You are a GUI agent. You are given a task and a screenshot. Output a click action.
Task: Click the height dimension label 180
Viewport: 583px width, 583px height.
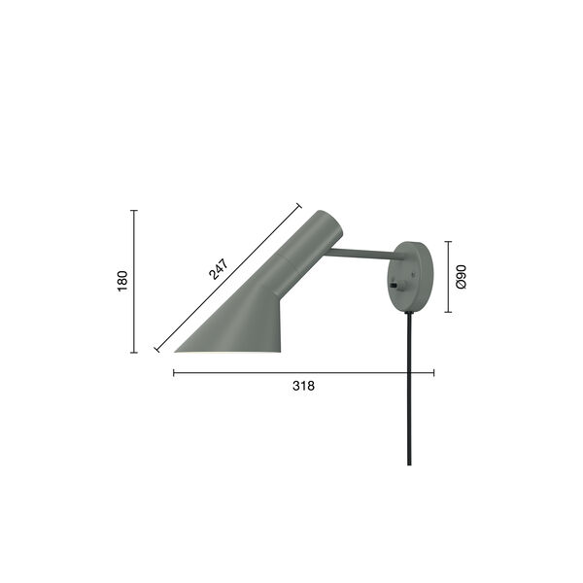tap(122, 282)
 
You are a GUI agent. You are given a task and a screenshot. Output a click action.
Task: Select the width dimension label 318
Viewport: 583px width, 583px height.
tap(303, 386)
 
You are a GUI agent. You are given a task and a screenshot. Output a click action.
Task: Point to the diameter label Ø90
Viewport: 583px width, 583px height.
tap(463, 278)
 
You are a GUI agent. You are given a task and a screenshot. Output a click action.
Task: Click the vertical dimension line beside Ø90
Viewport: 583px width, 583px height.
tap(448, 277)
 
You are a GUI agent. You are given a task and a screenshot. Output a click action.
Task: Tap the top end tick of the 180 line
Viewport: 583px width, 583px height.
tap(134, 211)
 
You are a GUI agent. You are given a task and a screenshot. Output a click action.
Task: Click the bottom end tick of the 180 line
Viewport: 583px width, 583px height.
tap(134, 353)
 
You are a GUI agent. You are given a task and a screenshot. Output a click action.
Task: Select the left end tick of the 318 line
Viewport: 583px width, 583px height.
tap(174, 371)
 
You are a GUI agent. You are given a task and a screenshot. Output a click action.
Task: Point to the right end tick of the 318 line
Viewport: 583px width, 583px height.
tap(433, 371)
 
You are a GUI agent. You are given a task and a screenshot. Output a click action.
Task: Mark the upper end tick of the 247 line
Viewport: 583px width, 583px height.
tap(298, 206)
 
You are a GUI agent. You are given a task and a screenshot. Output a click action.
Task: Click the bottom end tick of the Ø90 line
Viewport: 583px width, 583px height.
tap(448, 312)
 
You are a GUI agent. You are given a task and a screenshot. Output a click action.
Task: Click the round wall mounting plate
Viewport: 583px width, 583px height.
tap(413, 277)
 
